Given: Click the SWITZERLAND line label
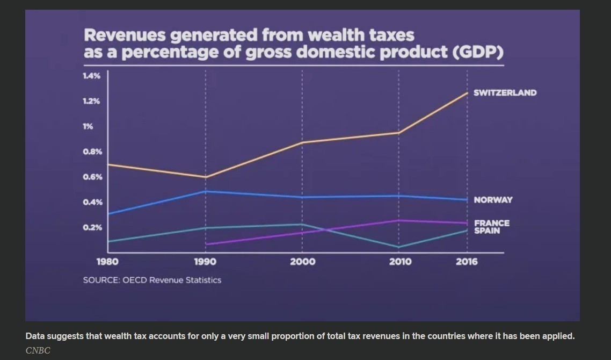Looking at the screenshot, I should point(505,93).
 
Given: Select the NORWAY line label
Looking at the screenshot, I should point(493,200).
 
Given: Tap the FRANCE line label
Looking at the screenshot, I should point(492,223).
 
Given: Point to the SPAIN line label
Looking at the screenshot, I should point(487,231).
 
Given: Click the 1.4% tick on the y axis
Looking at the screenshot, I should point(91,76).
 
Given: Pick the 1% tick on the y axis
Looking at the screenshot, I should point(88,126).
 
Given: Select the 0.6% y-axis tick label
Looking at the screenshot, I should point(91,177).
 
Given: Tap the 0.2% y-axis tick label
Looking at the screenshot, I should point(91,227).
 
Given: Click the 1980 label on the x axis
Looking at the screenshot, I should point(107,262).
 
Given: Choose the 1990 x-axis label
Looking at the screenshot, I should point(205,262).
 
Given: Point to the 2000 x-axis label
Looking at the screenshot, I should point(302,262).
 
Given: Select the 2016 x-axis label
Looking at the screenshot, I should point(467,262).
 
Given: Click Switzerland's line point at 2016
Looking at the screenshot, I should point(467,93).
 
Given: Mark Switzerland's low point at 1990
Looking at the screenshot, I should point(206,177).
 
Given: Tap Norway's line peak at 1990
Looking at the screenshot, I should point(206,191).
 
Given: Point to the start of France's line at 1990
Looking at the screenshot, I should point(206,244).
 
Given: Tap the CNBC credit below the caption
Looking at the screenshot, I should point(38,351).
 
